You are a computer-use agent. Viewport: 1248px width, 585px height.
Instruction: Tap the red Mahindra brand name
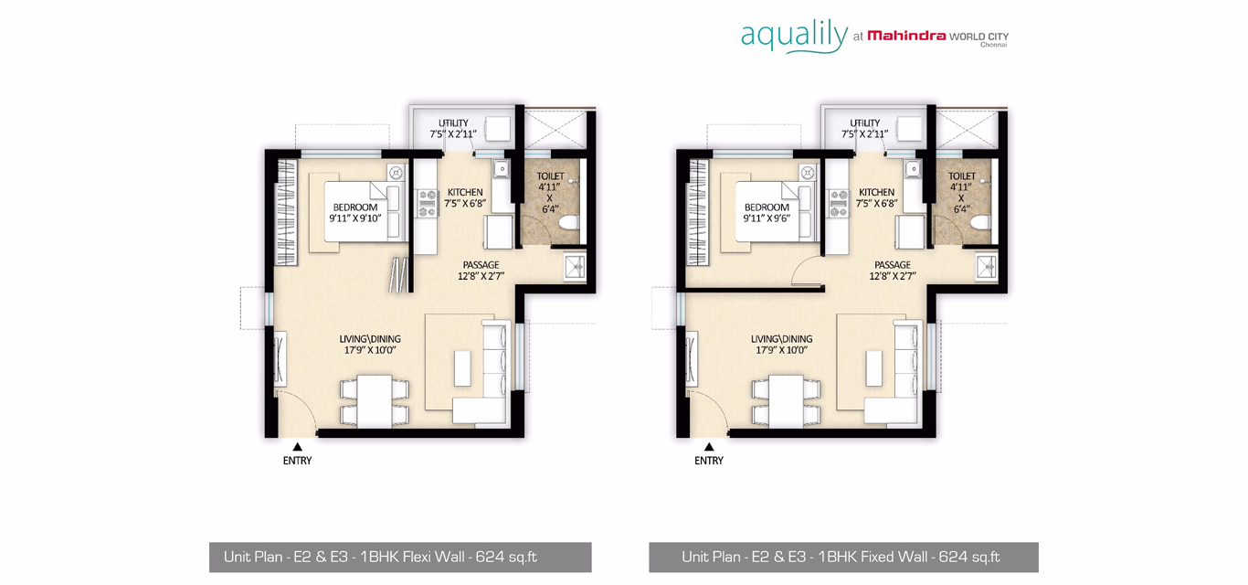tap(906, 37)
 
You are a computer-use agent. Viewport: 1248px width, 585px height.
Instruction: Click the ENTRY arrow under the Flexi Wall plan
tap(298, 447)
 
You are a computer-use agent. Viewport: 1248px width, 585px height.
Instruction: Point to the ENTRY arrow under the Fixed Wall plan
tap(709, 447)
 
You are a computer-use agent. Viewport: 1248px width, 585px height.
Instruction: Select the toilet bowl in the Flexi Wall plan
tap(568, 224)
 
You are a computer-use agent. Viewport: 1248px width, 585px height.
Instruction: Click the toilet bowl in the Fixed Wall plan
tap(980, 224)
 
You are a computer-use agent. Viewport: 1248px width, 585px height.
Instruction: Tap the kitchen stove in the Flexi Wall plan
tap(428, 203)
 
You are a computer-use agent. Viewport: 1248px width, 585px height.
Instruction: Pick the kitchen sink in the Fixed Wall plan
tap(913, 168)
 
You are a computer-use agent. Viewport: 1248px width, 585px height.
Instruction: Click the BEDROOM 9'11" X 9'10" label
tap(354, 212)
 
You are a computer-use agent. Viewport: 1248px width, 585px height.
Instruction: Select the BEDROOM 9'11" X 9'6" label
tap(767, 212)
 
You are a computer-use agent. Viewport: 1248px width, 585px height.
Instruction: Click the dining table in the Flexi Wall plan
tap(375, 401)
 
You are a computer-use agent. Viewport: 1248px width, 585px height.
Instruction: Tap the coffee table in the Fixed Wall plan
tap(874, 367)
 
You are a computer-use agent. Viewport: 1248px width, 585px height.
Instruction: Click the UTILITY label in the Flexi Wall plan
tap(453, 122)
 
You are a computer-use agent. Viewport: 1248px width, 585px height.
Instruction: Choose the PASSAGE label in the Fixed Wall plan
tap(893, 265)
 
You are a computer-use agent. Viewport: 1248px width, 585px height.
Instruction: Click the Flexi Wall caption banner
tap(400, 557)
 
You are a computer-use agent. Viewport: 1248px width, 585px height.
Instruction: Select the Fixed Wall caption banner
tap(843, 557)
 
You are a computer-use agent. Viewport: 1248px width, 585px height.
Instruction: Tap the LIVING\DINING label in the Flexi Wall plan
tap(370, 338)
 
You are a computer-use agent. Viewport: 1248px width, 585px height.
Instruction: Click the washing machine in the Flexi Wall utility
tap(498, 129)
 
